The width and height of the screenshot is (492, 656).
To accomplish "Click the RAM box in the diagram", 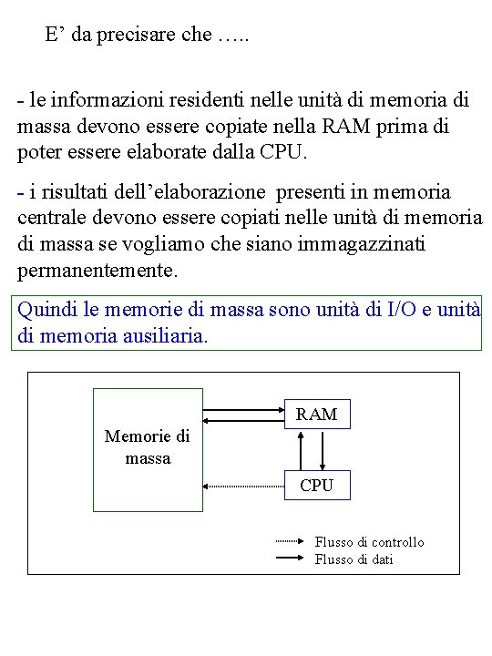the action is (x=317, y=415).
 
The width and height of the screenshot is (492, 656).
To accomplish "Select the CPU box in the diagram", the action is (x=317, y=486).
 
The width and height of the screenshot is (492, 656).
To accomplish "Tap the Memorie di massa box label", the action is (x=148, y=446).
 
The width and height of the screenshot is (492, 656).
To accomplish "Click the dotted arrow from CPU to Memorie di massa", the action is (x=243, y=487).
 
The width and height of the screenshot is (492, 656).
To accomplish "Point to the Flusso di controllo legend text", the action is (x=369, y=542).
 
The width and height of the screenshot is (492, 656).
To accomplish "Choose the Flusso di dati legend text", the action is (x=354, y=559).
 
